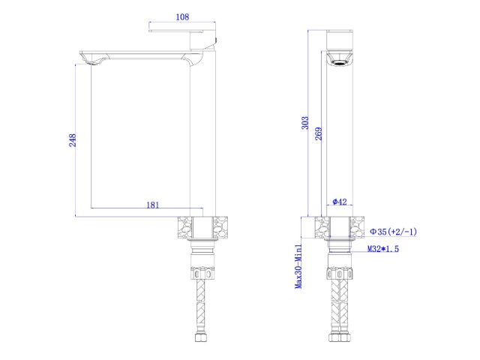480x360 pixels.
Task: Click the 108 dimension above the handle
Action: pyautogui.click(x=181, y=16)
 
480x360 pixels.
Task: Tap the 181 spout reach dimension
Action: pyautogui.click(x=152, y=204)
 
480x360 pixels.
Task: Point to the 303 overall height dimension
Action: pyautogui.click(x=304, y=121)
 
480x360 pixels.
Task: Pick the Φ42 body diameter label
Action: pyautogui.click(x=339, y=202)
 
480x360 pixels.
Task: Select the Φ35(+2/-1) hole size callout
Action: pyautogui.click(x=393, y=232)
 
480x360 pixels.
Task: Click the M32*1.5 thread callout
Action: pyautogui.click(x=383, y=248)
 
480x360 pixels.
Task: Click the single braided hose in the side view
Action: pyautogui.click(x=202, y=304)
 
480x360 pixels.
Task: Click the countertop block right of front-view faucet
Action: pyautogui.click(x=360, y=227)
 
